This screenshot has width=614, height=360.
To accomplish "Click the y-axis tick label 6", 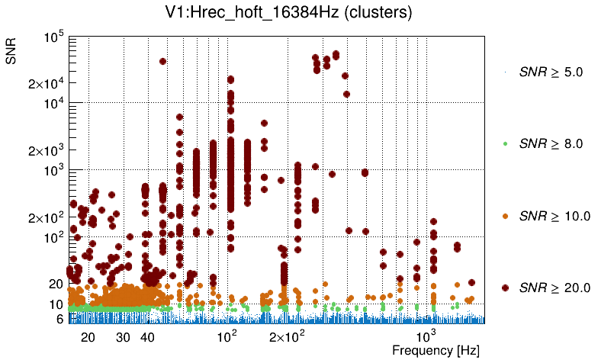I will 59,320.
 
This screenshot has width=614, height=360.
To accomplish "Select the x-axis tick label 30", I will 124,337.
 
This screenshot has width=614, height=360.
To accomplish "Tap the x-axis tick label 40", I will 148,337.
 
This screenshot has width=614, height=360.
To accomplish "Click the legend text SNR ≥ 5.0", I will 551,72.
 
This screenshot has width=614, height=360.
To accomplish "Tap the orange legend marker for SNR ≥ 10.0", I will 506,216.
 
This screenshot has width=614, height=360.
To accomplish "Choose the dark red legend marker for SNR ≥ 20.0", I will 506,288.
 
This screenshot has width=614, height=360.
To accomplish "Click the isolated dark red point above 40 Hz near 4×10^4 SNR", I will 162,61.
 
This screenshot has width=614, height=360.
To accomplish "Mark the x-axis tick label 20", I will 88,337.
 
